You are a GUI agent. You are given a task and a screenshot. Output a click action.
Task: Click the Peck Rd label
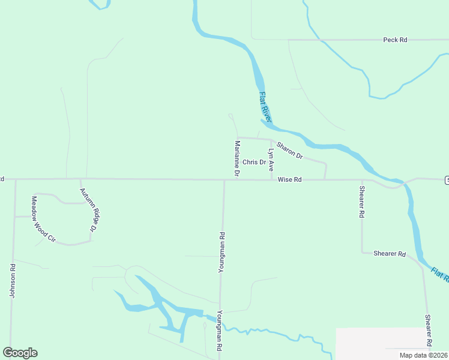[x=395, y=40]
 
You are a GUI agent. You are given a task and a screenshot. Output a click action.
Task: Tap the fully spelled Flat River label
[x=265, y=107]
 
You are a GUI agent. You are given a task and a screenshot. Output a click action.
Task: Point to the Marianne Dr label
[x=238, y=158]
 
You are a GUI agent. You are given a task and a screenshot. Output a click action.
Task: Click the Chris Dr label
[x=254, y=163]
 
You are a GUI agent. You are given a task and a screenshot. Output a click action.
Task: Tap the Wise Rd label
[x=289, y=179]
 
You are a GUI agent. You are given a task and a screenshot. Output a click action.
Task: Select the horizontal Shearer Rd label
[x=389, y=254]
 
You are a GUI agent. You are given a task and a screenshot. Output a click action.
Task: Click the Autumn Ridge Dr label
[x=88, y=209]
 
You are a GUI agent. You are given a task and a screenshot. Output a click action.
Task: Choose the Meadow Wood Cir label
[x=43, y=219]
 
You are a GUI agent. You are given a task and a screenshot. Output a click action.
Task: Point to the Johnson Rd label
[x=12, y=280]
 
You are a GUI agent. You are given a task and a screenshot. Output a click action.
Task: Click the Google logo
[x=20, y=353]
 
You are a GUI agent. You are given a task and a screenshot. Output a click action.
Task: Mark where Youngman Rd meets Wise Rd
[x=224, y=179]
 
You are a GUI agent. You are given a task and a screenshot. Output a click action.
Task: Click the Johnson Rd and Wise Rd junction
[x=14, y=179]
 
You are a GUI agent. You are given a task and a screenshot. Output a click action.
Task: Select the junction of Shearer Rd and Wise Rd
[x=362, y=179]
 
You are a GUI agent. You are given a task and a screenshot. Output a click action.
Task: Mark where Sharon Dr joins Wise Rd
[x=325, y=179]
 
